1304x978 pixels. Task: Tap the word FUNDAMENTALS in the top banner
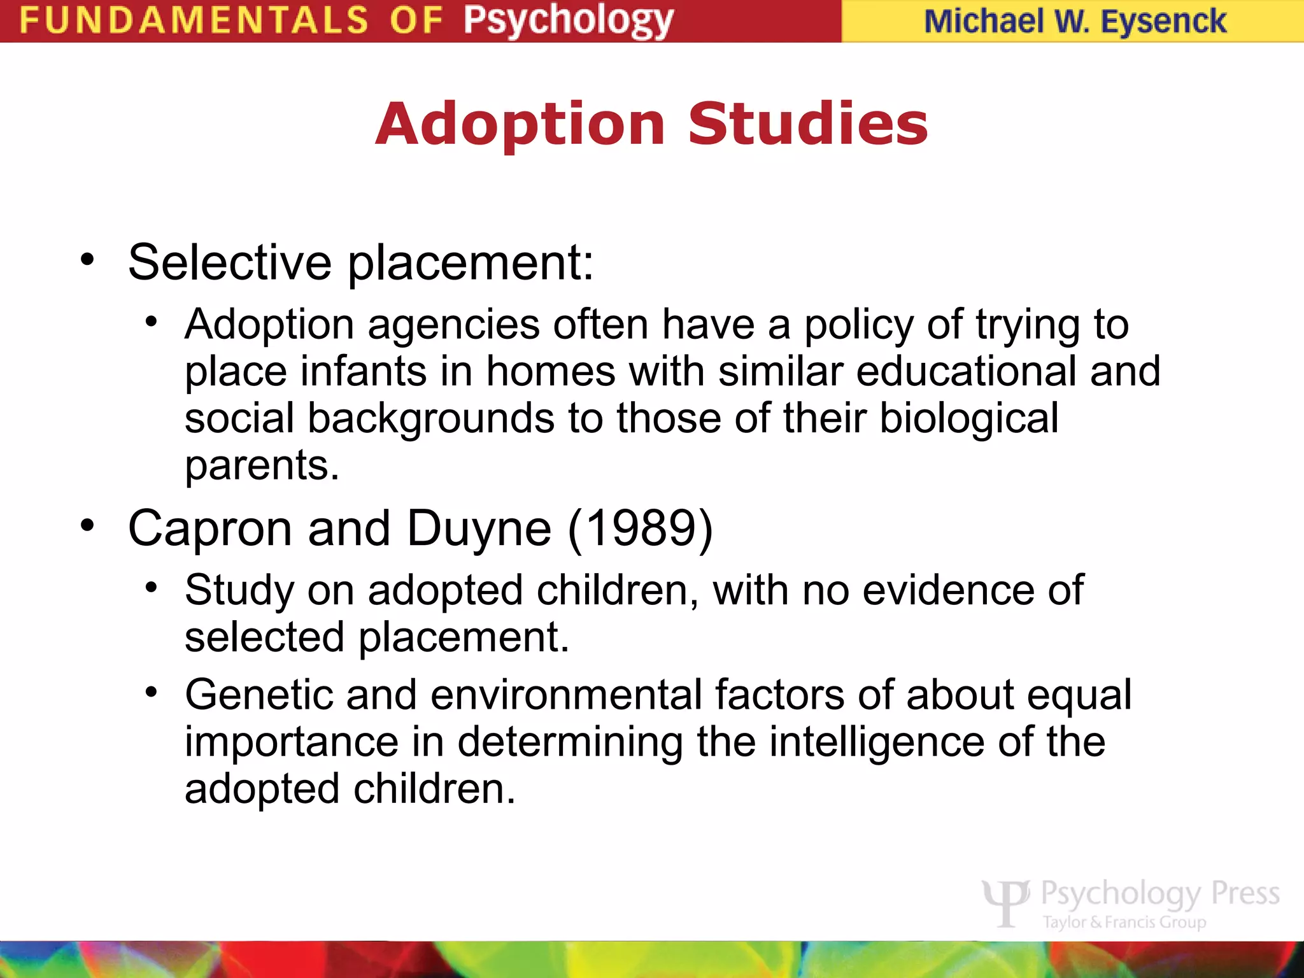coord(194,20)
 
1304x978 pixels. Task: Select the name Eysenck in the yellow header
coord(1163,22)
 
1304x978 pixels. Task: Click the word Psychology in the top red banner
coord(568,20)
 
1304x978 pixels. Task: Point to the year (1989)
coord(640,528)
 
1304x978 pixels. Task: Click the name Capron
coord(210,528)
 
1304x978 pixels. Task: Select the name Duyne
coord(479,529)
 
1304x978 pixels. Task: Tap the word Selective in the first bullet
coord(229,262)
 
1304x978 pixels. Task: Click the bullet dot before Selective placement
coord(88,259)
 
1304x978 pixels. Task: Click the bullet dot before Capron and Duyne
coord(88,525)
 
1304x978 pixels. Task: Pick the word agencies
coord(454,325)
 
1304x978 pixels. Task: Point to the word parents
coord(262,465)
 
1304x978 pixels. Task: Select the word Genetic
coord(259,694)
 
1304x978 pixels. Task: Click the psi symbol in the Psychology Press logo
coord(1005,902)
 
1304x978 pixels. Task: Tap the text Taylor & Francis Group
coord(1124,922)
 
